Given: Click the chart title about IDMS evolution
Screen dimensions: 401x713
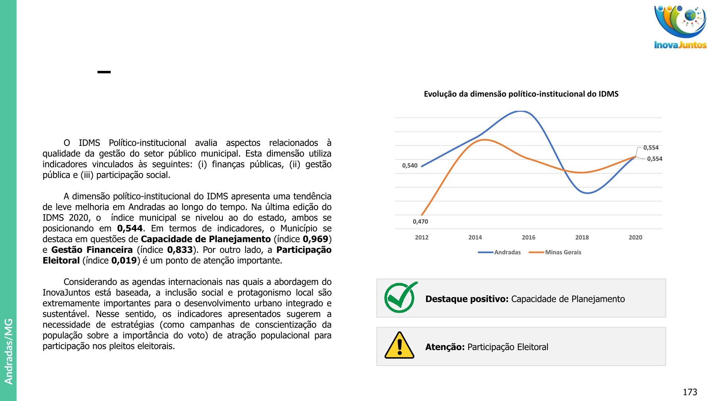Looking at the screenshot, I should click(x=521, y=94).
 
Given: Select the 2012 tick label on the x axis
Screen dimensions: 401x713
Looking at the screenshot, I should click(x=421, y=237).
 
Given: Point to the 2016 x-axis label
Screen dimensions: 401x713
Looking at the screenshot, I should click(x=528, y=237).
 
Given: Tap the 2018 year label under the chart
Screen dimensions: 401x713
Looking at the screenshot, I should click(x=582, y=237).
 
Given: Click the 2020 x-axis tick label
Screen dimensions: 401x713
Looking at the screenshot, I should click(x=635, y=237).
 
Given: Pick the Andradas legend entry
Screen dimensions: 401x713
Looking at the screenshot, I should click(x=507, y=252).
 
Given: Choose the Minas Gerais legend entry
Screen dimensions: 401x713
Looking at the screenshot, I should click(x=563, y=252).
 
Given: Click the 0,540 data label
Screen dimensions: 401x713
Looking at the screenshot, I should click(x=410, y=166).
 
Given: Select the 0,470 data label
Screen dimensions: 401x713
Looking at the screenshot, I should click(x=420, y=222).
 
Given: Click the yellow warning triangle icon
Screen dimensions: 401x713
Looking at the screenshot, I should click(x=400, y=346).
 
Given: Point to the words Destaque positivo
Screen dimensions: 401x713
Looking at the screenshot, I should click(x=467, y=299).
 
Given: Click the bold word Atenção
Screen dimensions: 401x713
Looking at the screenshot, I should click(x=445, y=347).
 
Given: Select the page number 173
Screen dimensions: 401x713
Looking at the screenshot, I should click(x=690, y=392).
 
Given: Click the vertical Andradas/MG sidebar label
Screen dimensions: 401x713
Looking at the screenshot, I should click(x=9, y=351).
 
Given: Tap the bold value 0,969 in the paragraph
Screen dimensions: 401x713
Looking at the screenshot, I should click(x=315, y=239).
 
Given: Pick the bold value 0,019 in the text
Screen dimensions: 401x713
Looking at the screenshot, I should click(x=124, y=261).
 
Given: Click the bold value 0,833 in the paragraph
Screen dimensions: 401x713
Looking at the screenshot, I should click(x=180, y=250).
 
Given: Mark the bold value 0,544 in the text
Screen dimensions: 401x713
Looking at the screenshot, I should click(x=130, y=228).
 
